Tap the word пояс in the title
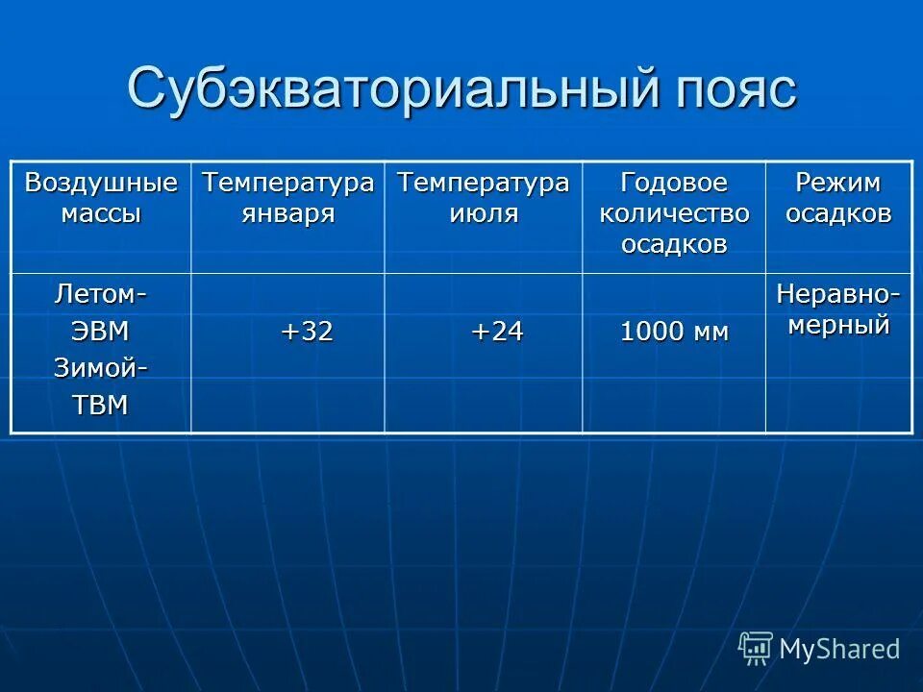(730, 88)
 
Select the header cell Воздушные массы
(101, 197)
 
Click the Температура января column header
(287, 197)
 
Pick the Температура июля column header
(483, 197)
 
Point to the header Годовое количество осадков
(673, 212)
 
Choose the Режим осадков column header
(837, 197)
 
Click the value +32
(307, 333)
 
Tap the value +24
(496, 333)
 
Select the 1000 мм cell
(674, 334)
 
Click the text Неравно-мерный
(837, 309)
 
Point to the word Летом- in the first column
(101, 291)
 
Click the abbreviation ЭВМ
(101, 332)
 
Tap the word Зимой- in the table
(101, 367)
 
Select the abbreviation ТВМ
(101, 405)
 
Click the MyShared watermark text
(839, 649)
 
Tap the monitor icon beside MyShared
(756, 649)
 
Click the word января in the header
(287, 212)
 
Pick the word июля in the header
(483, 212)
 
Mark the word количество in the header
(673, 212)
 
